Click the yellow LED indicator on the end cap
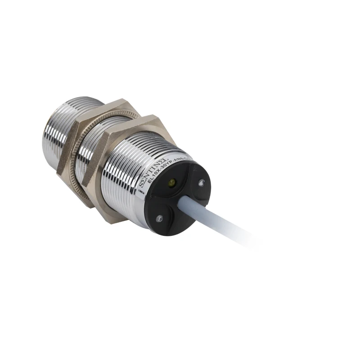[x=171, y=182]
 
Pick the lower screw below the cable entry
[x=158, y=218]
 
